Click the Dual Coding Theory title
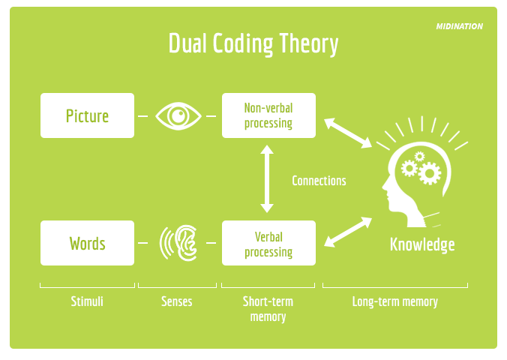[x=253, y=44]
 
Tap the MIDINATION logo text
[x=459, y=26]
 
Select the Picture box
[x=88, y=115]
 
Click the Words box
[x=88, y=243]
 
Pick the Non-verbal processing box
[x=268, y=115]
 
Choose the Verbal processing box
[x=268, y=243]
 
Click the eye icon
[x=178, y=115]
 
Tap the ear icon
[x=179, y=243]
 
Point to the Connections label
[x=319, y=181]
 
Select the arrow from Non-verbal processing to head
[x=348, y=130]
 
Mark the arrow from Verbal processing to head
[x=348, y=231]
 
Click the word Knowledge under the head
[x=422, y=244]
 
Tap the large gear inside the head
[x=429, y=174]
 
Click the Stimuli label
[x=87, y=301]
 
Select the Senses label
[x=177, y=301]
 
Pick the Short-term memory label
[x=268, y=309]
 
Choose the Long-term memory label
[x=395, y=301]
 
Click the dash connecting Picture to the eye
[x=142, y=116]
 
